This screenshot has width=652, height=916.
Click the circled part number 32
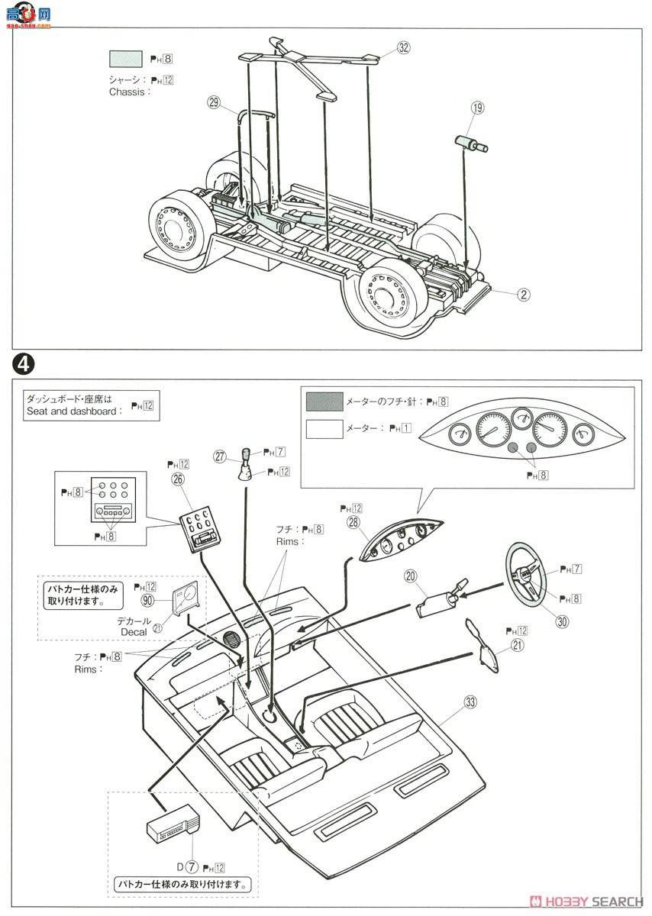tap(404, 47)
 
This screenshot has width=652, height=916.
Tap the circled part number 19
tap(477, 108)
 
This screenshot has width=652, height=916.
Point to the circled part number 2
tap(523, 293)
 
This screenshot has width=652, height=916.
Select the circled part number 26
tap(179, 479)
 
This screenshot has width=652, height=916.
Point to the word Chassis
tap(127, 92)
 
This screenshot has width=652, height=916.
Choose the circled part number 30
tap(562, 621)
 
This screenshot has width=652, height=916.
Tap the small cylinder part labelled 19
tap(471, 144)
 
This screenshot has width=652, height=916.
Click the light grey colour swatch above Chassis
tap(126, 60)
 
